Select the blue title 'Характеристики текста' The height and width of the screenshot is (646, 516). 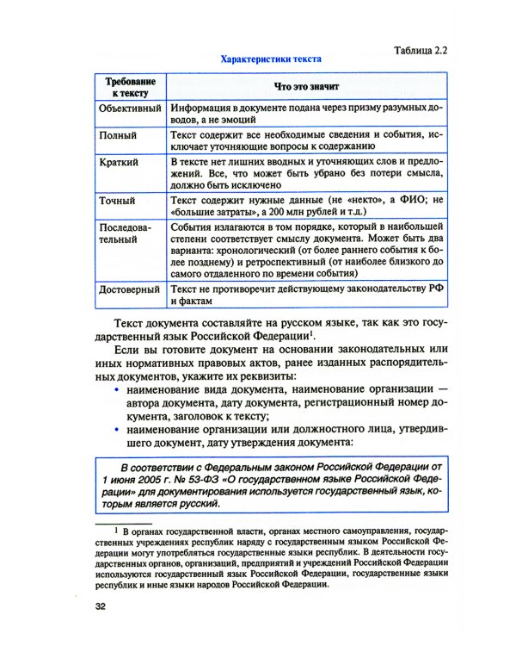tap(271, 59)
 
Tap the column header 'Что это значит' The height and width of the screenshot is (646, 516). tap(306, 86)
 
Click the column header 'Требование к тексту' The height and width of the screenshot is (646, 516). tap(129, 85)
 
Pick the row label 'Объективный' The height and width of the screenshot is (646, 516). tap(130, 109)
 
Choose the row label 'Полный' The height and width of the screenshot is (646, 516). tap(116, 135)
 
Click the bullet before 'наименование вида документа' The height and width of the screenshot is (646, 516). tap(118, 390)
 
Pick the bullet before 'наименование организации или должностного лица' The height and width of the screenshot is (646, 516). tap(118, 428)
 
